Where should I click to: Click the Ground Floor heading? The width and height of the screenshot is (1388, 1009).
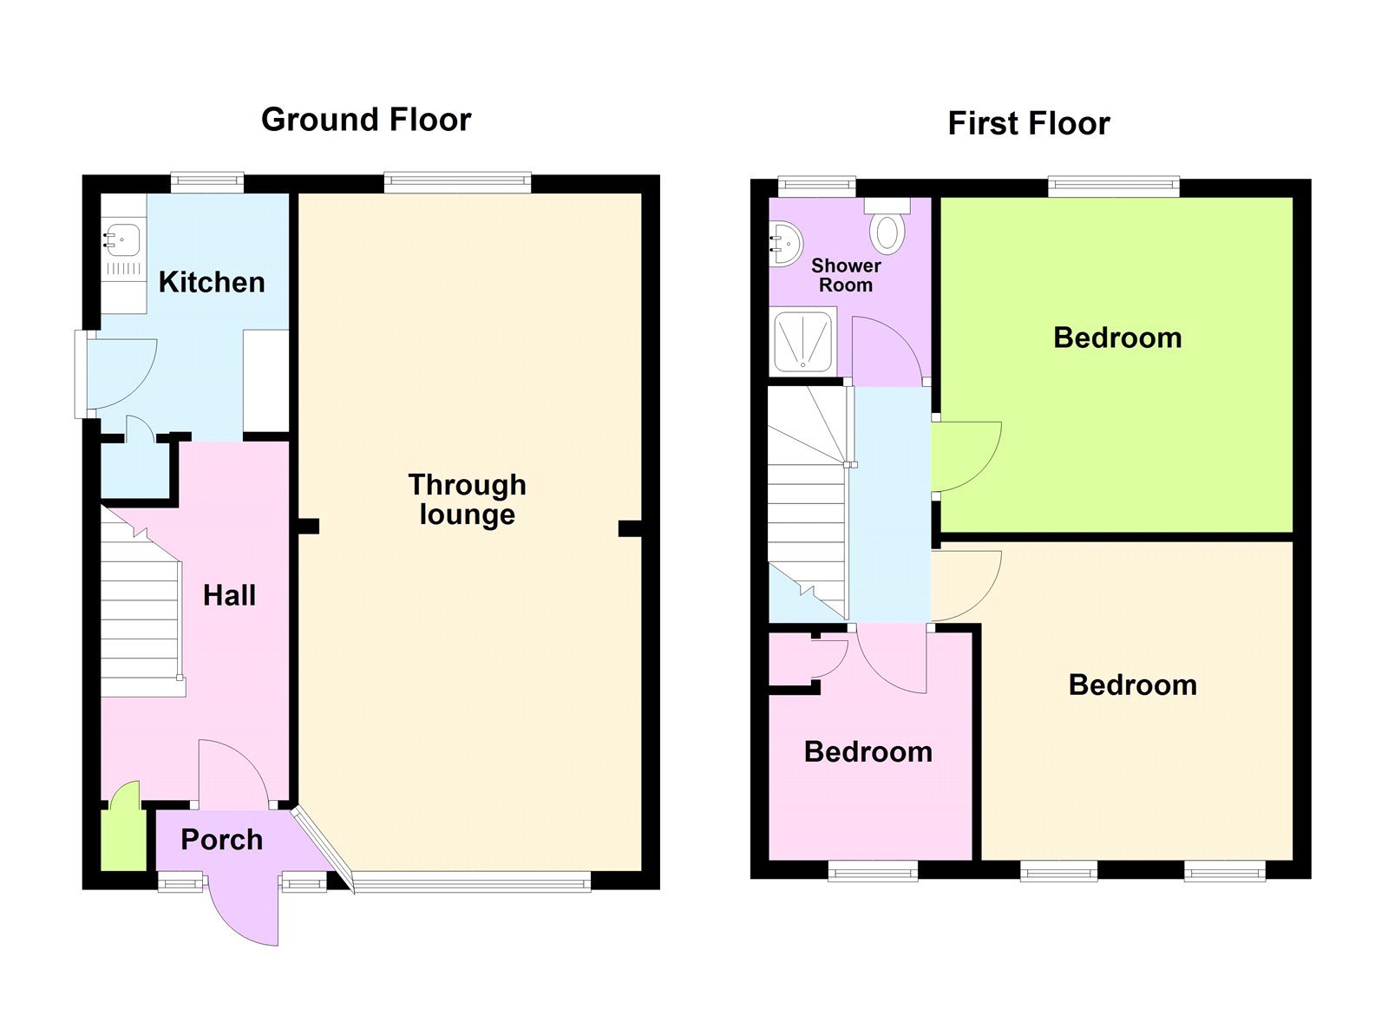[x=365, y=120]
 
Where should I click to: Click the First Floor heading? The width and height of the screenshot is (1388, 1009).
[x=1028, y=123]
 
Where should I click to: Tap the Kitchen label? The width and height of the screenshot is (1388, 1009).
[x=212, y=282]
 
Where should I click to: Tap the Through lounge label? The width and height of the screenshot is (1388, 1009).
[x=467, y=499]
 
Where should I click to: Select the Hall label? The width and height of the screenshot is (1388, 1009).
[x=229, y=595]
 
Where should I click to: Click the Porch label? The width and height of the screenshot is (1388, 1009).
[x=221, y=839]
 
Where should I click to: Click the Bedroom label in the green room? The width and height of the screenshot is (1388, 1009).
[x=1117, y=337]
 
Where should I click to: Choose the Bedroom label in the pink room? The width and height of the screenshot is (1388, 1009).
[x=867, y=751]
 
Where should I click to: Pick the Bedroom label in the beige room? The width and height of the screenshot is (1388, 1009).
[x=1132, y=685]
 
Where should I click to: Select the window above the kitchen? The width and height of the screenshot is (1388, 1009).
[x=206, y=181]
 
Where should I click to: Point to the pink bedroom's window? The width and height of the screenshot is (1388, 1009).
[x=873, y=870]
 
